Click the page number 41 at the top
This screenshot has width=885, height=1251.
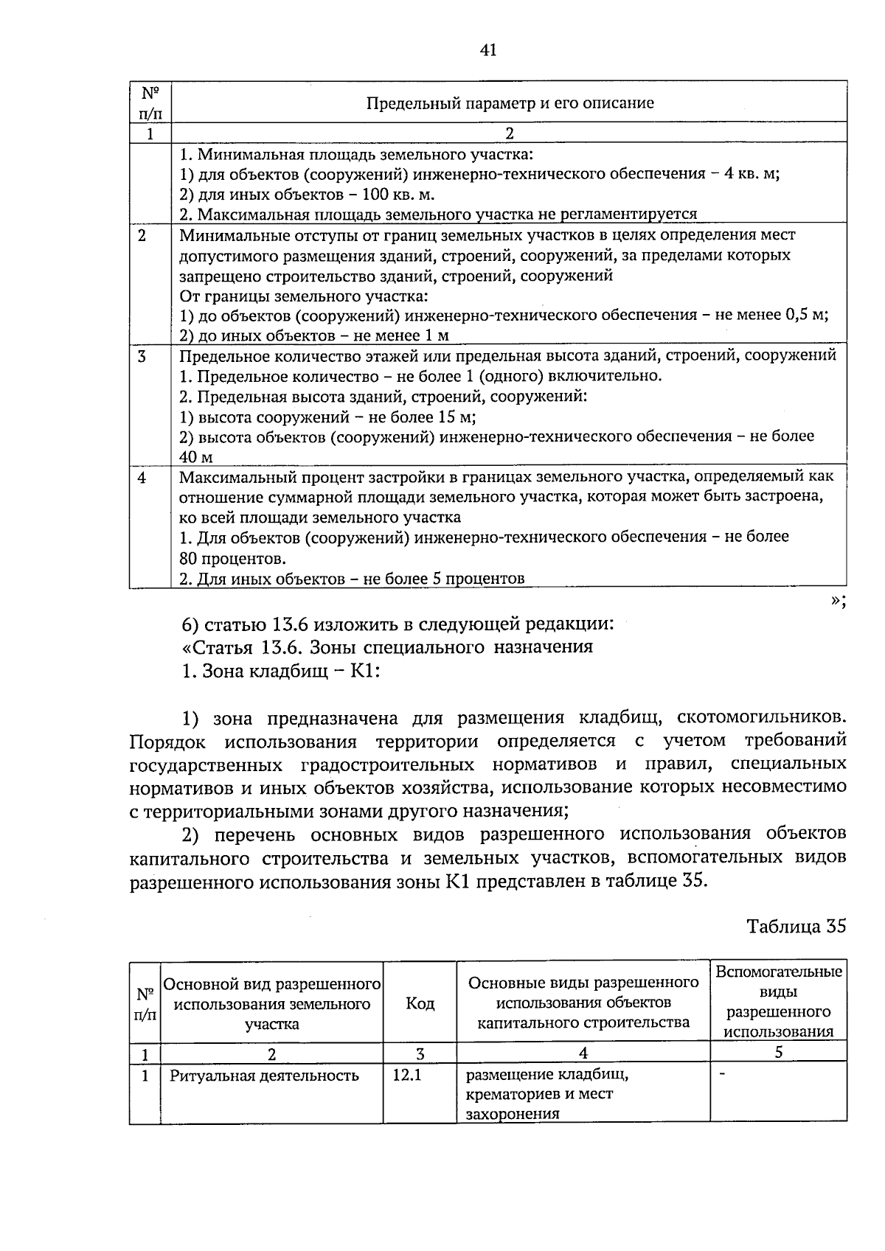[x=487, y=50]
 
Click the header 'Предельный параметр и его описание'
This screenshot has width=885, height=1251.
[x=510, y=102]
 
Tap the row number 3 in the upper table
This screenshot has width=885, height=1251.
[x=142, y=357]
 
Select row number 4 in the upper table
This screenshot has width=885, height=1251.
[x=142, y=478]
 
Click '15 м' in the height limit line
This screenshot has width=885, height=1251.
[x=456, y=417]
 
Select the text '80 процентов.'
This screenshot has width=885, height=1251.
[x=233, y=557]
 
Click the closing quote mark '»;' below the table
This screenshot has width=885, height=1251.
[x=836, y=601]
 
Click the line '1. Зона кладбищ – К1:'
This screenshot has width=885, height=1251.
[x=280, y=672]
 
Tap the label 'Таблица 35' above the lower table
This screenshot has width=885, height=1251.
[x=796, y=927]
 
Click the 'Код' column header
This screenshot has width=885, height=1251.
[x=420, y=1003]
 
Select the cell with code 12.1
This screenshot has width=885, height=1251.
[x=407, y=1076]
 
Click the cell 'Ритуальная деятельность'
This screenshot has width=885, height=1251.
[x=264, y=1076]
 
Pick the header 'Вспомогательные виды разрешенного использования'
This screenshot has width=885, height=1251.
[x=778, y=1001]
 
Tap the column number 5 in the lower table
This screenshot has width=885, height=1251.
[x=778, y=1053]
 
